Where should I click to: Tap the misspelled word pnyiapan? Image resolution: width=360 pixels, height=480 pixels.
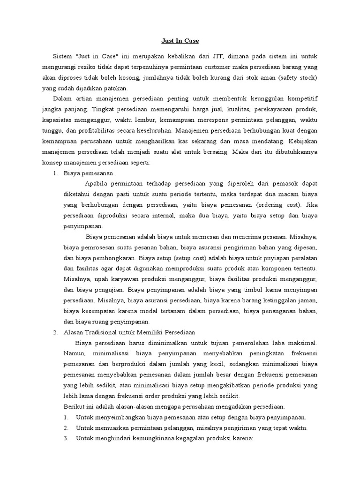tap(268, 258)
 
